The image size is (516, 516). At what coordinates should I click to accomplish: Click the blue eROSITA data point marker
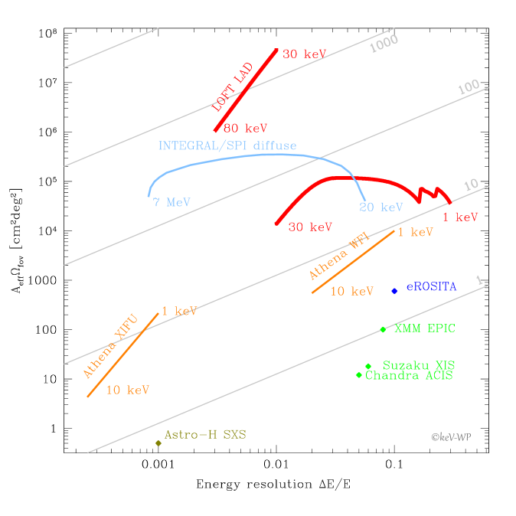tap(394, 291)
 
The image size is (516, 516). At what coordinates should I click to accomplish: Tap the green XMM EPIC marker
tap(383, 330)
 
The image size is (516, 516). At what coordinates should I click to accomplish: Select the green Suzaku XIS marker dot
tap(368, 366)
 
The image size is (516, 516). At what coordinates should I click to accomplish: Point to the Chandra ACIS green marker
tap(359, 375)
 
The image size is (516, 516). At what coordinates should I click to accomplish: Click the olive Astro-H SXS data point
tap(158, 443)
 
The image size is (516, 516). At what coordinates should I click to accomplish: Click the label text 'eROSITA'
tap(431, 287)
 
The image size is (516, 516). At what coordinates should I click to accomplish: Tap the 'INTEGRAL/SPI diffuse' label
tap(227, 145)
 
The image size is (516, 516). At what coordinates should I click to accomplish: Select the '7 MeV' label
tap(171, 203)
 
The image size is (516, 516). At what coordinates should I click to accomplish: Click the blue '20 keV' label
tap(381, 207)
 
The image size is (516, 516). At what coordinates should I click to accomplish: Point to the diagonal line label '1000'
tap(384, 44)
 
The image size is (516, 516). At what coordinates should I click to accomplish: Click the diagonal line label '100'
tap(469, 87)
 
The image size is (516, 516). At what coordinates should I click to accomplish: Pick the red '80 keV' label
tap(245, 129)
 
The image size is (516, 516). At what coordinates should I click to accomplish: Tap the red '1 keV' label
tap(460, 217)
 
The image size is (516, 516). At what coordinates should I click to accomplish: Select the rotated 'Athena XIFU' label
tap(110, 345)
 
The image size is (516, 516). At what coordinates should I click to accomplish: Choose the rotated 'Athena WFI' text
tap(338, 255)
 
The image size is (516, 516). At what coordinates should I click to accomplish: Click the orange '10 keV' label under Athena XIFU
tap(127, 390)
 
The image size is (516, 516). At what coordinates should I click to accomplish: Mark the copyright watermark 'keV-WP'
tap(451, 437)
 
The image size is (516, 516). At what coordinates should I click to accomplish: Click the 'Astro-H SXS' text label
tap(205, 435)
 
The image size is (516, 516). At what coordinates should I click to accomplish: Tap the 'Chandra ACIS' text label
tap(409, 376)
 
